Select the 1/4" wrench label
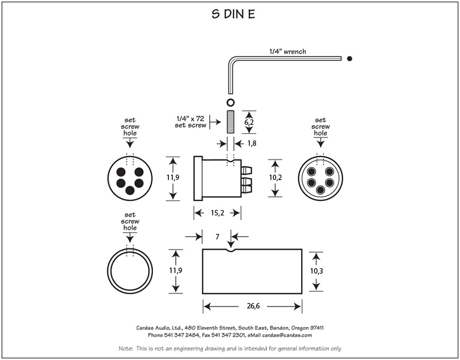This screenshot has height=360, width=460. [x=287, y=52]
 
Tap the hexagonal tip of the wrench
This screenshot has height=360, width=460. [x=349, y=58]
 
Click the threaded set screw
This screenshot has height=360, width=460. [x=229, y=122]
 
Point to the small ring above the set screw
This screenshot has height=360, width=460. [x=229, y=101]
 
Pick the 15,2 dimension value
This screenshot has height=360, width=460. [x=217, y=212]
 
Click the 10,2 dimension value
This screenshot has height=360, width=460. [x=276, y=178]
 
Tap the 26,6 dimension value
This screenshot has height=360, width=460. [x=252, y=307]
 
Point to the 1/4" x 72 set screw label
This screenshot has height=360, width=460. [x=191, y=122]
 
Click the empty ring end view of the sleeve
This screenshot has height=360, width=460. [x=130, y=271]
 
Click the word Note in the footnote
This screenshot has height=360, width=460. [x=125, y=349]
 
